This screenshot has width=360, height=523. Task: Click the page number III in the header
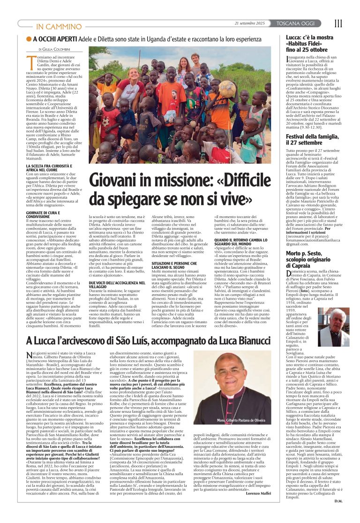pos(338,23)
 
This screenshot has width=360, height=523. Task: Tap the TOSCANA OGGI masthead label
pos(306,23)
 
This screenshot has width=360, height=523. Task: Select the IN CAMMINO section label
pos(53,26)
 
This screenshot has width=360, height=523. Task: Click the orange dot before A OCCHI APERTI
pos(29,39)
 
